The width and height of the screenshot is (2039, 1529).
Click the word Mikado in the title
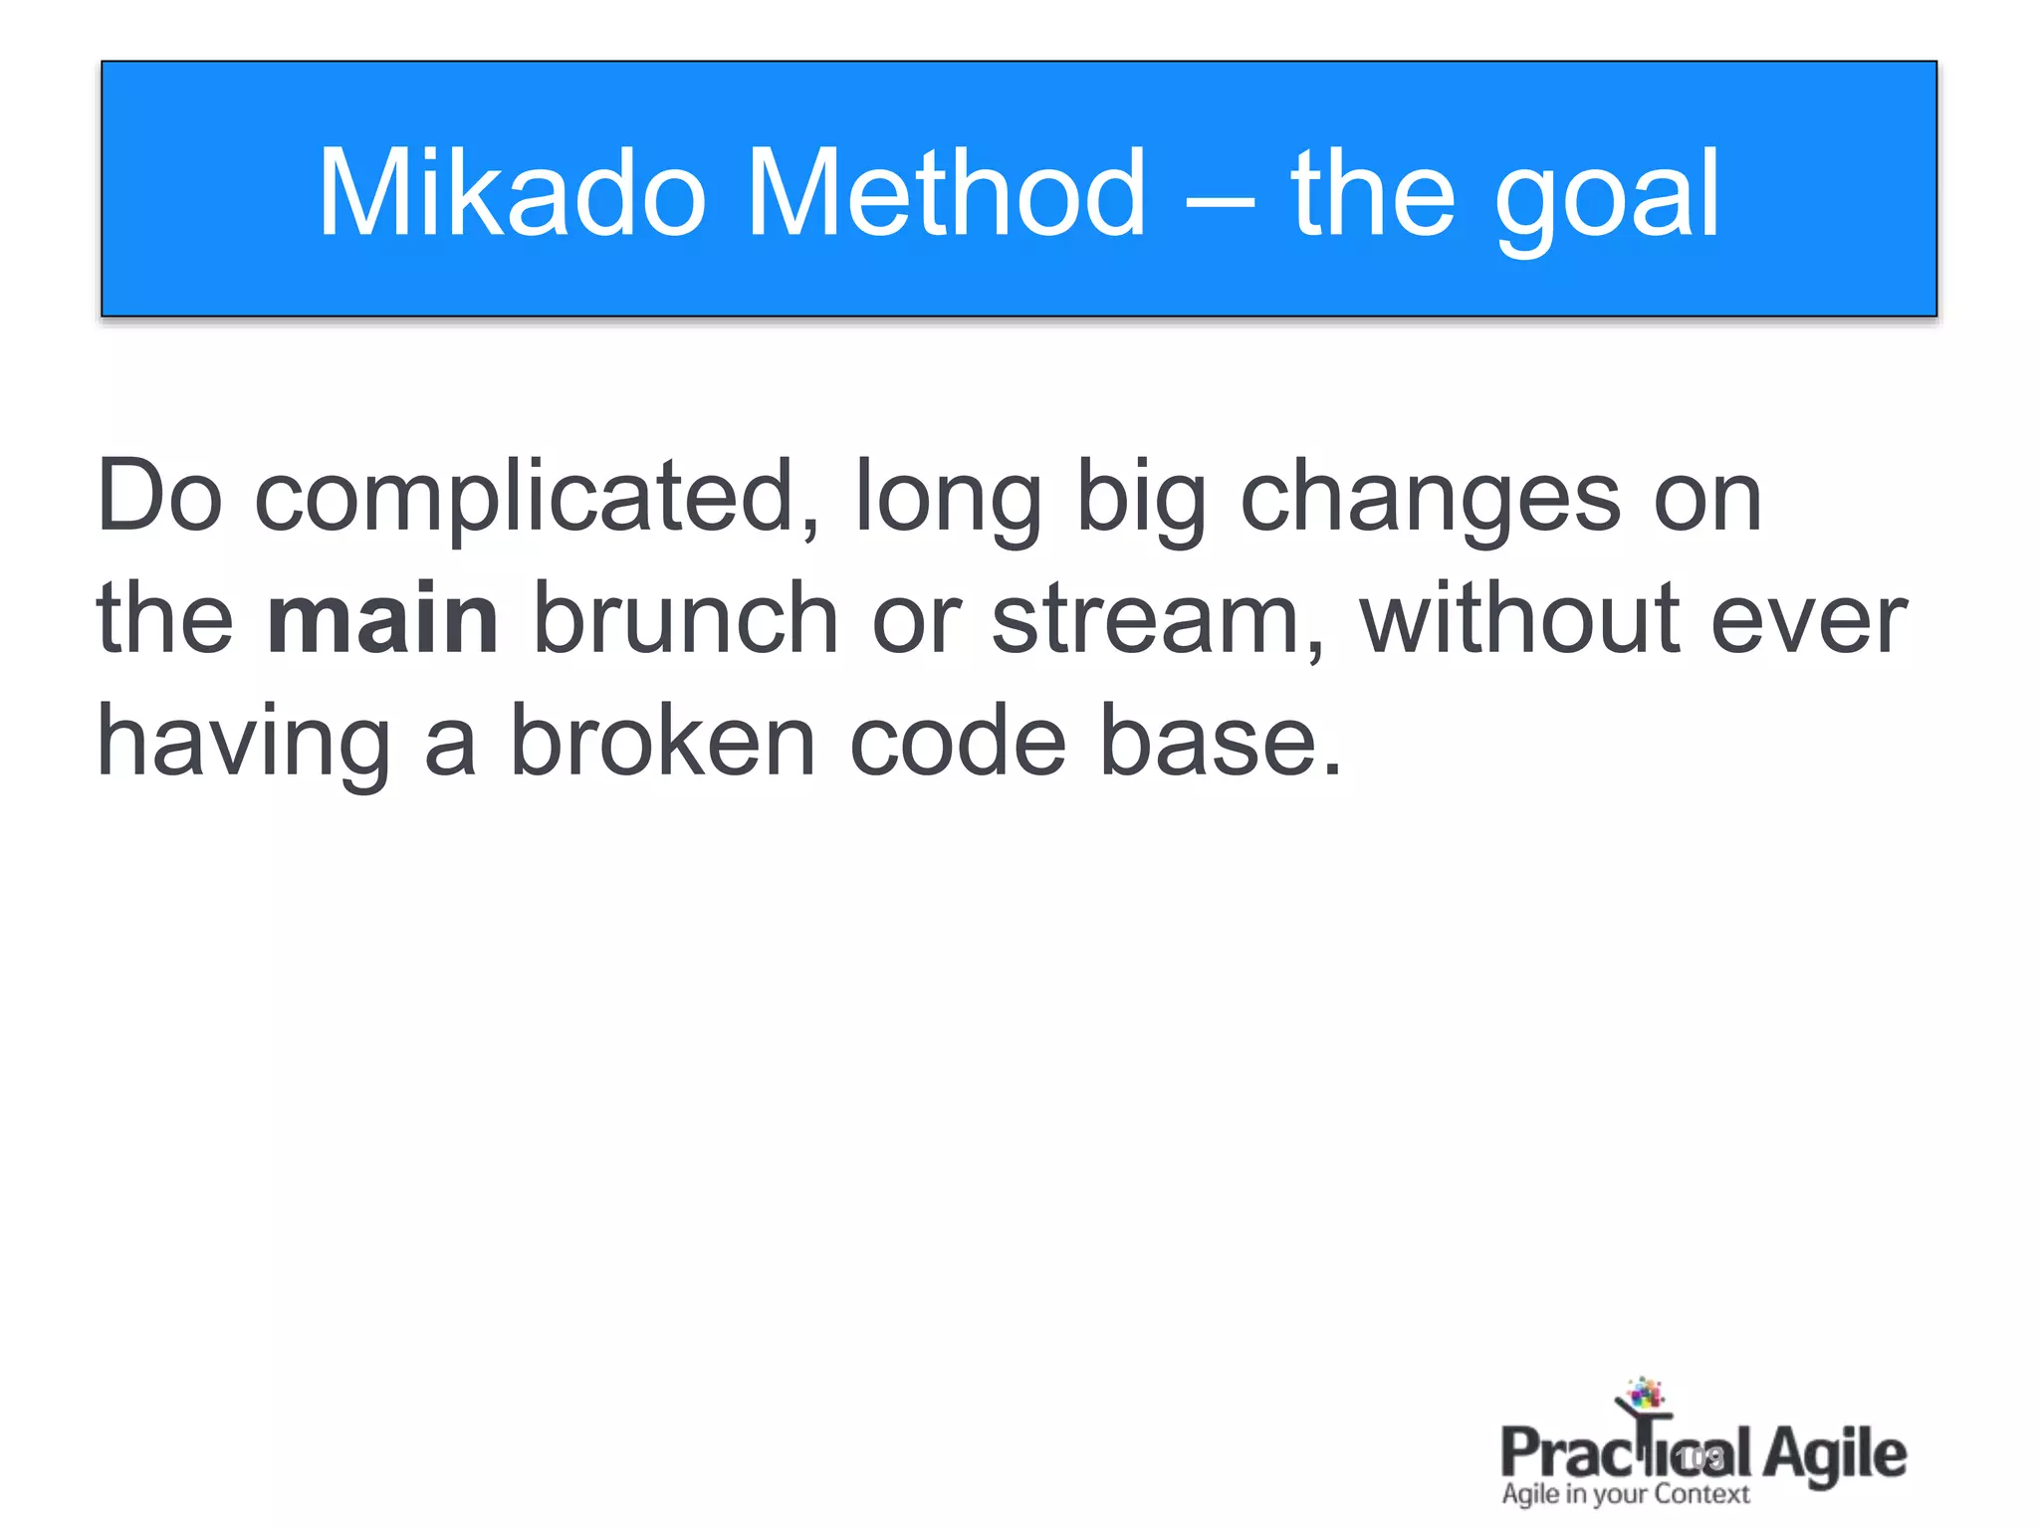pyautogui.click(x=512, y=193)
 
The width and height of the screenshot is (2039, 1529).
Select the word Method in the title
pyautogui.click(x=947, y=193)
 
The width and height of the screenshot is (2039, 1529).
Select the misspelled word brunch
pyautogui.click(x=686, y=619)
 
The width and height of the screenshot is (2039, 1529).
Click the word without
pyautogui.click(x=1519, y=619)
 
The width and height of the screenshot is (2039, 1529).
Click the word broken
pyautogui.click(x=662, y=742)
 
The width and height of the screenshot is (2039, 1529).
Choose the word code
pyautogui.click(x=958, y=742)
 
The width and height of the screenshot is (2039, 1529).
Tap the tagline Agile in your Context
pyautogui.click(x=1625, y=1494)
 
